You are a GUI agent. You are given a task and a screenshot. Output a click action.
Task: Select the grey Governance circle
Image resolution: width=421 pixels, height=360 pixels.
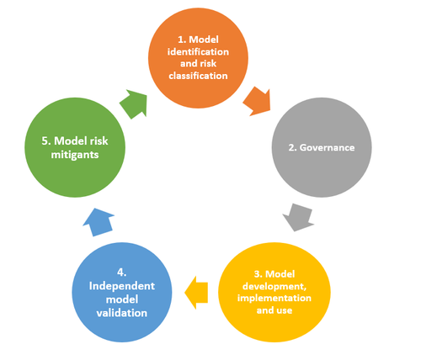coord(324,148)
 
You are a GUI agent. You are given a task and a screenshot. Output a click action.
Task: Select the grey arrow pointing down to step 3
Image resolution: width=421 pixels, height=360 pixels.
coord(298,216)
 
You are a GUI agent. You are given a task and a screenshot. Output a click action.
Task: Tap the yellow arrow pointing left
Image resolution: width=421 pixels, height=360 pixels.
coord(197,290)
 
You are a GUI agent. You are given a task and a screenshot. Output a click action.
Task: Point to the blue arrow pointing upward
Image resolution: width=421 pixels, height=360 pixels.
coord(98,223)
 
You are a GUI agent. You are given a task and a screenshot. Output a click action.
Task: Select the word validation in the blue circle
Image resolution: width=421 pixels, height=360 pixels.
coord(125,312)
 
